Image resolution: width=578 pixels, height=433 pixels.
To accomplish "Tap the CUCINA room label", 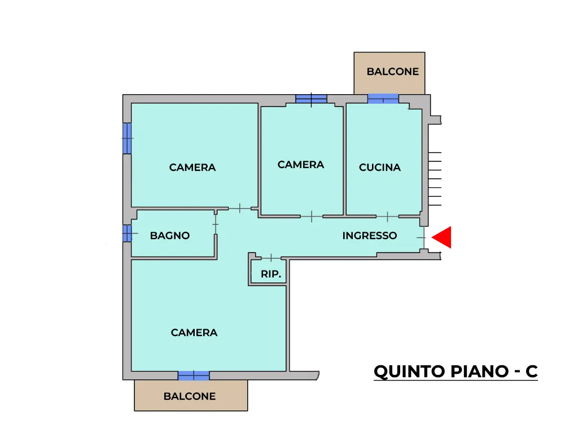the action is coord(380,167).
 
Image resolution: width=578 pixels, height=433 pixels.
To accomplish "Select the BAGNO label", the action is coord(170,236).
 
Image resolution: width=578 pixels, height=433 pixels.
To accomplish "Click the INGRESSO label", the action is coord(370,236).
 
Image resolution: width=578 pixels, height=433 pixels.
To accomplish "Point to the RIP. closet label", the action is coord(271,274).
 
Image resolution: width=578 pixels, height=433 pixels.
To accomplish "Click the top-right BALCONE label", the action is coord(393,72).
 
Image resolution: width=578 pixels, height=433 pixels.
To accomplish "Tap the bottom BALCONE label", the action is coord(190,396).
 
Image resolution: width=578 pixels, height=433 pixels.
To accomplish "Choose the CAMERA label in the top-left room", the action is coord(192,167).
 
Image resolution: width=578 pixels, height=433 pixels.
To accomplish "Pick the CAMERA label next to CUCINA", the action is coord(301,165).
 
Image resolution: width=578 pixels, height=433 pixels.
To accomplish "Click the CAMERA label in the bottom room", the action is coord(194,333).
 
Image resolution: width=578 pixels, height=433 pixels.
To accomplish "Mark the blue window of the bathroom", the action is coord(127,233).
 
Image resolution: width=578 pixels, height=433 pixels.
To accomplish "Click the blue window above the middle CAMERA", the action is coord(311,99).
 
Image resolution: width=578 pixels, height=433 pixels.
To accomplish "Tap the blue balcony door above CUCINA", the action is coord(383,99).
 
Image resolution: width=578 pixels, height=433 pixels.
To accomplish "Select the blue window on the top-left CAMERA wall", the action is coord(127,138).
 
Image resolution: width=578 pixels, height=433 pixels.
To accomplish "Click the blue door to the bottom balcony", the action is coord(194,375).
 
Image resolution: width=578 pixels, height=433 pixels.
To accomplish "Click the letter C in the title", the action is coord(532,372).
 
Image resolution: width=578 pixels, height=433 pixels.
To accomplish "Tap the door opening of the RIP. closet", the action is coord(271,257).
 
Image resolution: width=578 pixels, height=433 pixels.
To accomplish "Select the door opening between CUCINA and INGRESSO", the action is coord(387,216).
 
